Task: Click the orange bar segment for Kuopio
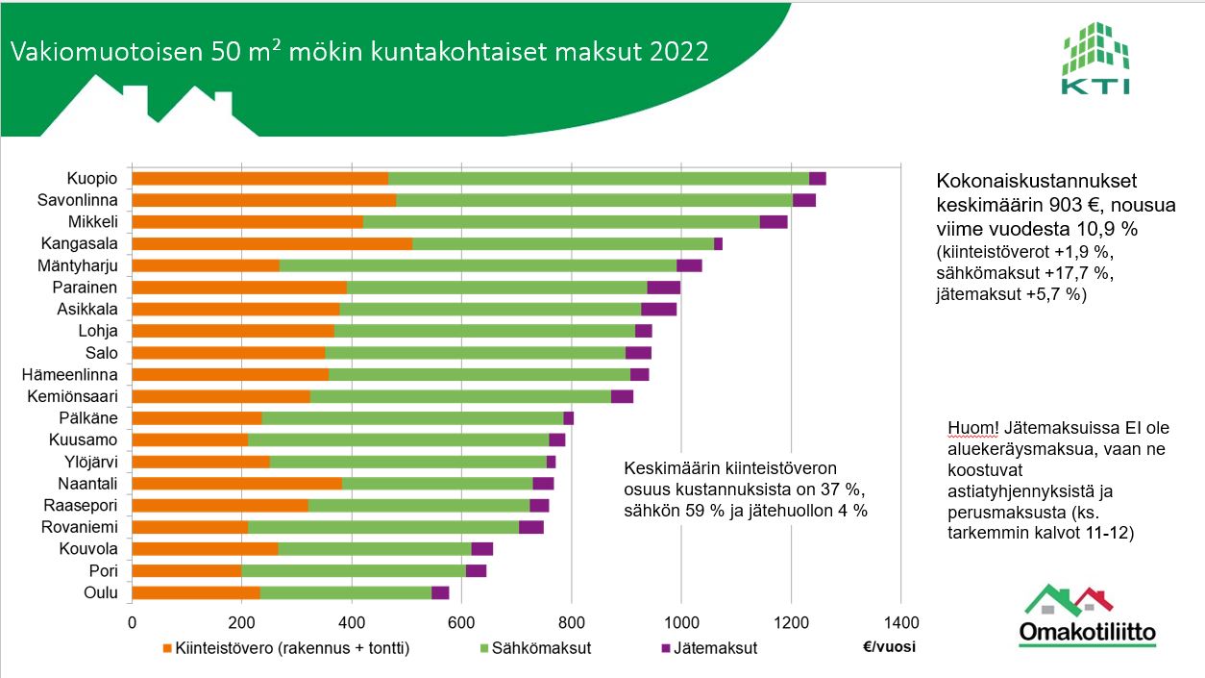(259, 178)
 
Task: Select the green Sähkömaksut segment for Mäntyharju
(478, 265)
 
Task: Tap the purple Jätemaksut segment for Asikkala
(658, 309)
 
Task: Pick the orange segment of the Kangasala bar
(272, 243)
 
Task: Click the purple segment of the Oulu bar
(440, 592)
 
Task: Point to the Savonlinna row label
(77, 200)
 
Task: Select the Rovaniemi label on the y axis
(79, 526)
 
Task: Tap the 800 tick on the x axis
(571, 621)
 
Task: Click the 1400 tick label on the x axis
(900, 621)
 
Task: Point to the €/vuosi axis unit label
(890, 646)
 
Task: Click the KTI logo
(1095, 60)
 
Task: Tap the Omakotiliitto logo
(1087, 615)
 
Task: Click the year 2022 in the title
(678, 51)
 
